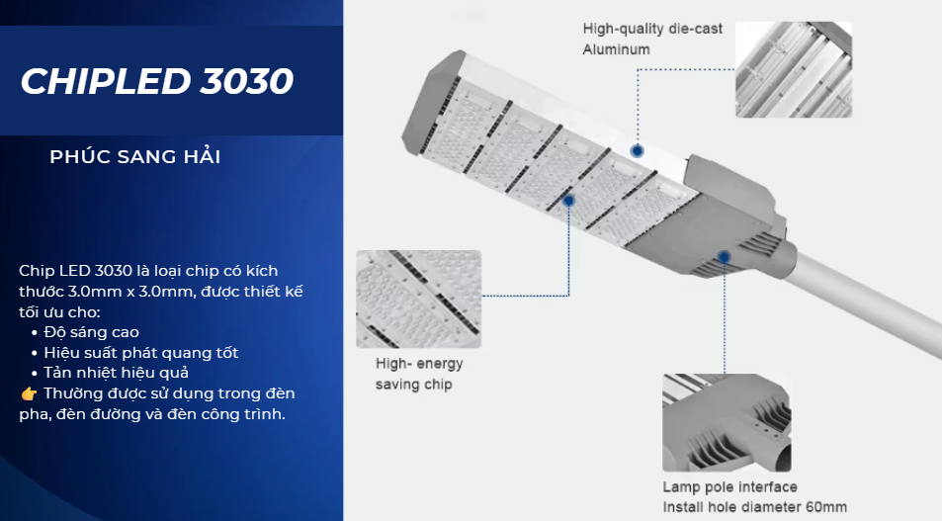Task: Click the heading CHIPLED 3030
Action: (x=157, y=81)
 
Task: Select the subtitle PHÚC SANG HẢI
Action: (x=135, y=157)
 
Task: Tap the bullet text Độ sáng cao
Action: (x=91, y=332)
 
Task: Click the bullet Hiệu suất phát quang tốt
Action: (x=141, y=353)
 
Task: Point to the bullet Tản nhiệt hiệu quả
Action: (x=116, y=373)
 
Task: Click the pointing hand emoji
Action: (x=29, y=394)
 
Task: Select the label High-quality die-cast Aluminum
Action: (x=652, y=40)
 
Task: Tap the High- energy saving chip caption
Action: (x=419, y=374)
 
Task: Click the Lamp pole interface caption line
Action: (x=729, y=486)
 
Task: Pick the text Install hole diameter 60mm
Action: (x=754, y=507)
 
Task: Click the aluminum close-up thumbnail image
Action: (x=794, y=69)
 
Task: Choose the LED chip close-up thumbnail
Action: (x=419, y=299)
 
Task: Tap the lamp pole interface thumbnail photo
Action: (x=727, y=422)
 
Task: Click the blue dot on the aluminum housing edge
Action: (x=638, y=151)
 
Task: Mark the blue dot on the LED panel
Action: (x=568, y=201)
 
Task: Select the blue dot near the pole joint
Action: (x=725, y=257)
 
